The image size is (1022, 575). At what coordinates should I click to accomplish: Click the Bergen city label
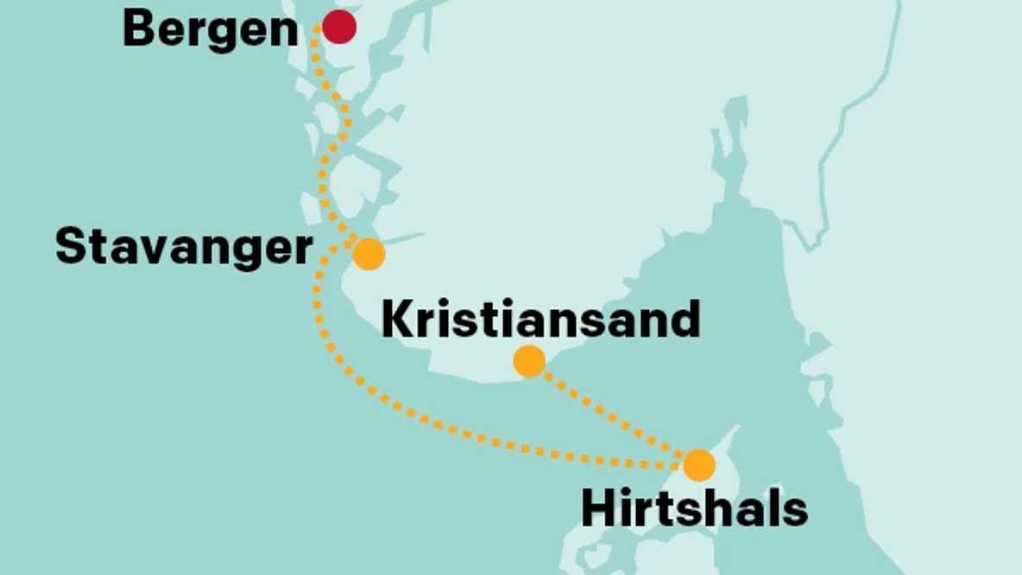(210, 30)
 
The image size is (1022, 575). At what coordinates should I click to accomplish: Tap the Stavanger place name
(183, 248)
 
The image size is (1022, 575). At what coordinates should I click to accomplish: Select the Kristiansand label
(540, 319)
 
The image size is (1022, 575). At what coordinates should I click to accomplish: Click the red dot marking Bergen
(339, 27)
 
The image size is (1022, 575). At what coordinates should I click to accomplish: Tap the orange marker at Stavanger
(369, 254)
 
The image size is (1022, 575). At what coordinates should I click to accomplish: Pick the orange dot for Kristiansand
(529, 361)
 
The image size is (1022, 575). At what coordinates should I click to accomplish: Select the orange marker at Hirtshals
(698, 465)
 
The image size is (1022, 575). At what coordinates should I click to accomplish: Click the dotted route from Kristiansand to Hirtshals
(613, 413)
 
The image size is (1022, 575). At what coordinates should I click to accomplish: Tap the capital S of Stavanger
(71, 247)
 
